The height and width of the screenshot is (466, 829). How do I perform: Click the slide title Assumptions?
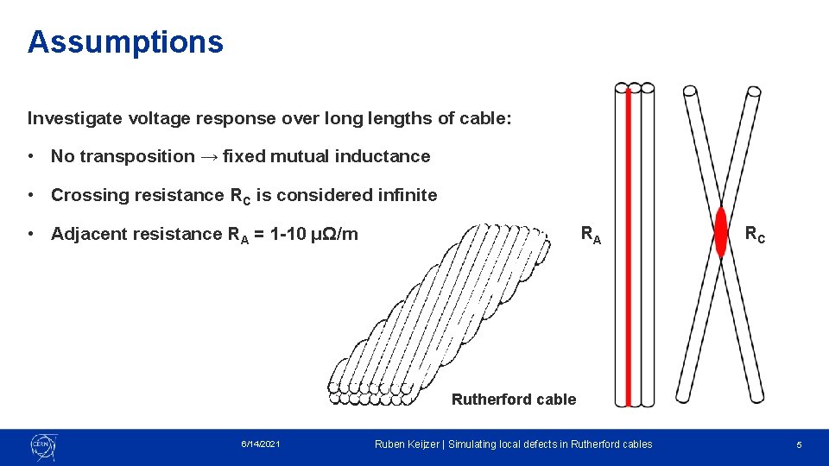[125, 41]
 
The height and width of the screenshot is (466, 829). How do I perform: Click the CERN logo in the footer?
[43, 445]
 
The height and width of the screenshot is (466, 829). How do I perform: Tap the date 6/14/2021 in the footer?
[260, 444]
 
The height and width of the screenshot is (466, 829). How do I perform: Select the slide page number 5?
[799, 444]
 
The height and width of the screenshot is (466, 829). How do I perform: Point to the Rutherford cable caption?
[513, 399]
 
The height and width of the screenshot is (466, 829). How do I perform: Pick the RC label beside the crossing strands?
[756, 233]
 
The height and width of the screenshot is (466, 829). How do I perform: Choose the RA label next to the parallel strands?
[591, 233]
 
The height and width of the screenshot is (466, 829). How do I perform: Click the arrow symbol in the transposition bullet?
[208, 156]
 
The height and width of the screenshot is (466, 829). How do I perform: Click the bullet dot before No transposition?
[32, 156]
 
